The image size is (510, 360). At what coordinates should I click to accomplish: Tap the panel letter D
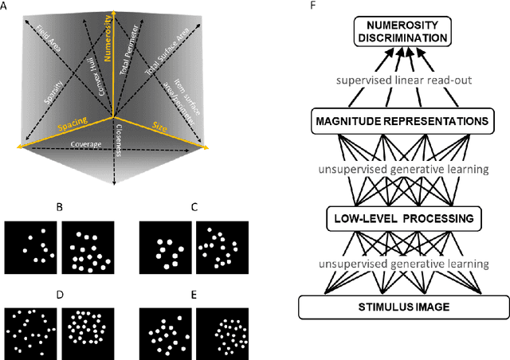point(58,295)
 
